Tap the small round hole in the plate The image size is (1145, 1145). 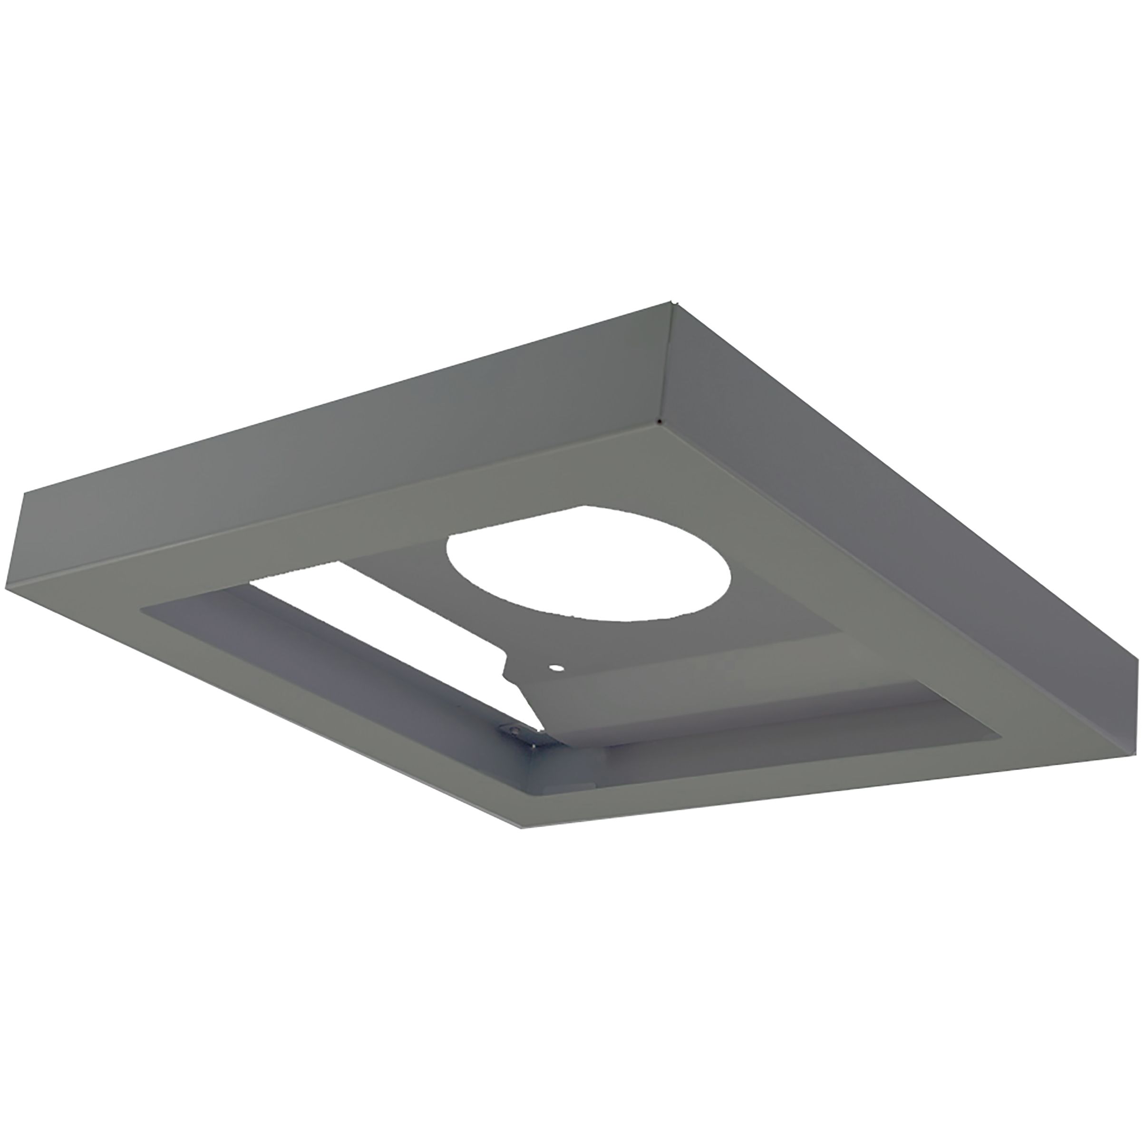[556, 668]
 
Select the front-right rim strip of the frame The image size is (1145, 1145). [830, 782]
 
